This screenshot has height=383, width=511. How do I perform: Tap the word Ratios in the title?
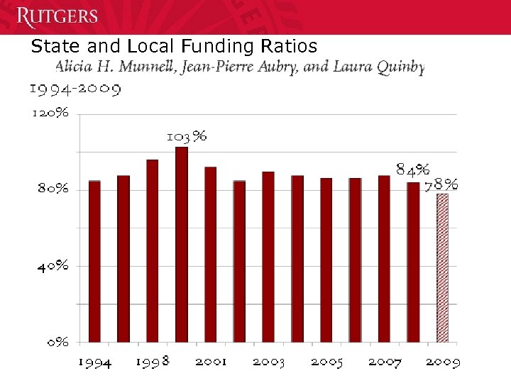click(293, 48)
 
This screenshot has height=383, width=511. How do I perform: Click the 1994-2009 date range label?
click(75, 89)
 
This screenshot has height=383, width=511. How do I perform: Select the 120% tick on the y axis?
click(49, 113)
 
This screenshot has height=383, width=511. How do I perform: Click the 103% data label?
click(187, 136)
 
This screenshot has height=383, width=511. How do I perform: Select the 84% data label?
click(412, 170)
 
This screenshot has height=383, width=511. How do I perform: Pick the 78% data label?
click(441, 185)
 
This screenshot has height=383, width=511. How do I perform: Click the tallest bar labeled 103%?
click(182, 244)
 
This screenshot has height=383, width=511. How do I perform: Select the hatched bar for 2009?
click(442, 267)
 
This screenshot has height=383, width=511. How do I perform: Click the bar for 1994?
click(94, 261)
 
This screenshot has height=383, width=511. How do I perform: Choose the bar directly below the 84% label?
click(413, 262)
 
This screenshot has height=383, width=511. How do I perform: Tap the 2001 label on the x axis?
click(211, 362)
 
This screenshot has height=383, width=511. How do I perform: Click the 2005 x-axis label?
click(326, 362)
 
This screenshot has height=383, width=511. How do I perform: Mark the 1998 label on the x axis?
click(153, 362)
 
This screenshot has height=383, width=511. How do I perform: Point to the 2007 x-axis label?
click(385, 362)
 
